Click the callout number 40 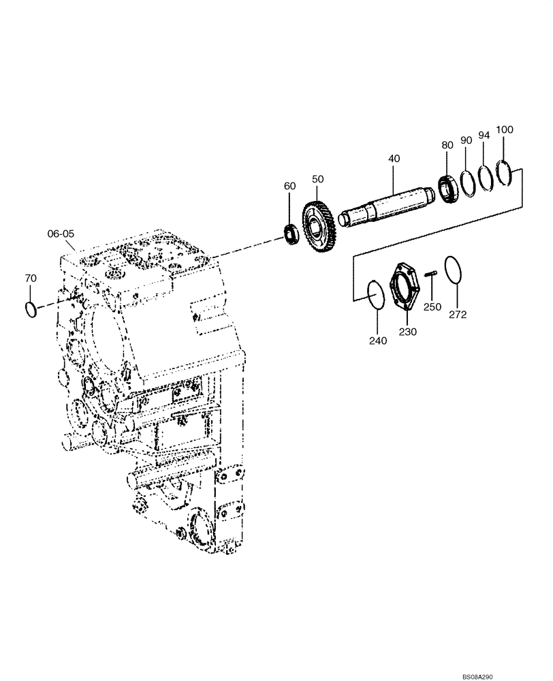[394, 158]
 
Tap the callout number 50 [318, 178]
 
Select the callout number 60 [290, 186]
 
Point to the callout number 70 [31, 279]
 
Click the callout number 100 [505, 129]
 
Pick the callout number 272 [458, 315]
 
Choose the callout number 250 [432, 307]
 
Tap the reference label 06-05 [61, 233]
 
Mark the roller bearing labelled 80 [447, 188]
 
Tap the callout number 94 [484, 135]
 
